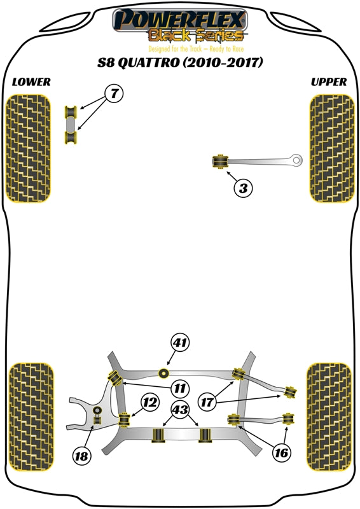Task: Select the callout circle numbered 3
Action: (243, 188)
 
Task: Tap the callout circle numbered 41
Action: (180, 344)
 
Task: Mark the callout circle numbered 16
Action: (281, 453)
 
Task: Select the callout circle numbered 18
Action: (81, 456)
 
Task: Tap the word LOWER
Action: (31, 82)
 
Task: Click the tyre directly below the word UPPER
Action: (330, 148)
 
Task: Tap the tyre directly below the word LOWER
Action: (29, 148)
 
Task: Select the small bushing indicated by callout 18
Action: (97, 419)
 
